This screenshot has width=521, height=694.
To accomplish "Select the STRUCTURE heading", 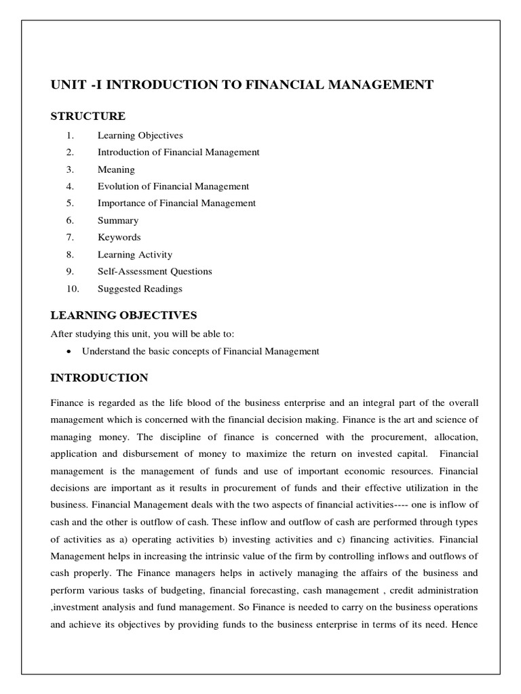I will click(88, 117).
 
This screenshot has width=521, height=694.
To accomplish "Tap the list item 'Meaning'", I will click(116, 169).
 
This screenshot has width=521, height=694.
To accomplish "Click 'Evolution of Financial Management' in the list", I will click(173, 186).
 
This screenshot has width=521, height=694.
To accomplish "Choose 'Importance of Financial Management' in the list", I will click(176, 203).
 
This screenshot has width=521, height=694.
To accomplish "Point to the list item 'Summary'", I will click(117, 220).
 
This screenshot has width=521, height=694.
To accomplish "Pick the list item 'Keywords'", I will click(119, 237).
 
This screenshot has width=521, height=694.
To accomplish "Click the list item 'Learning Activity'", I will click(134, 255).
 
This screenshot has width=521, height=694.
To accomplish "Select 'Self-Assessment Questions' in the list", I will click(155, 271).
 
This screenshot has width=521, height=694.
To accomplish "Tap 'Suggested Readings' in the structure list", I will click(140, 289).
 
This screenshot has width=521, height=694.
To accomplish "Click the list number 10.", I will click(73, 289).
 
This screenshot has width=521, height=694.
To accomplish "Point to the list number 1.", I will click(71, 136).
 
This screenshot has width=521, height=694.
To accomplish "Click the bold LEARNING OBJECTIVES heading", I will click(124, 315).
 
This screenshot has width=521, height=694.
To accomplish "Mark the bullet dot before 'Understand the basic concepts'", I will click(71, 352).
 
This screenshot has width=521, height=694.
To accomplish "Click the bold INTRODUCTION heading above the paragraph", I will click(100, 377).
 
